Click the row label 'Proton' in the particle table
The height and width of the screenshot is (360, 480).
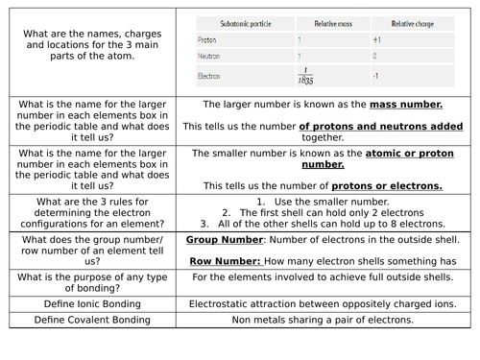[x=206, y=40]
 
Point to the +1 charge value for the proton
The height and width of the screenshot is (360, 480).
[x=377, y=40]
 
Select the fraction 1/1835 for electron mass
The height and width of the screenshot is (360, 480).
[x=305, y=77]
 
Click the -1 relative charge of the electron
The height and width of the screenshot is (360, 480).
[x=376, y=76]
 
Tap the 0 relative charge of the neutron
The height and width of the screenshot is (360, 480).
[x=374, y=57]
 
